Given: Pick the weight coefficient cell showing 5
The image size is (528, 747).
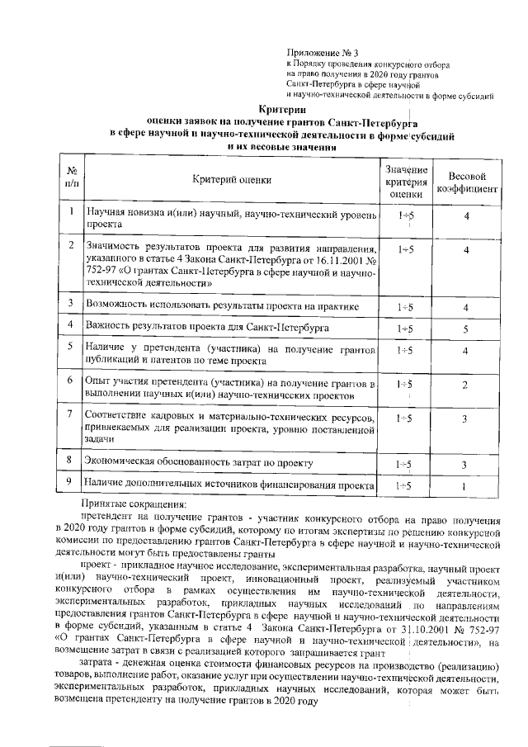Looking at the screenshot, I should click(x=466, y=329).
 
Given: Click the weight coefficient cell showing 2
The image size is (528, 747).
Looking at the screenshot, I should click(x=466, y=385).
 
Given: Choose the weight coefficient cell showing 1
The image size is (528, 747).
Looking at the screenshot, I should click(x=466, y=486).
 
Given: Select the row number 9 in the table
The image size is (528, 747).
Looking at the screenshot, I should click(x=72, y=482).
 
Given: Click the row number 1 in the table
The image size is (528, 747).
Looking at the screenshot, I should click(x=72, y=212).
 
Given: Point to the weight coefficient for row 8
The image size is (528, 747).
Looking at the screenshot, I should click(x=466, y=466).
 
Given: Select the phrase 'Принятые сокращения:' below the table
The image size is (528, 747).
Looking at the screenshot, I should click(x=134, y=503).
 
